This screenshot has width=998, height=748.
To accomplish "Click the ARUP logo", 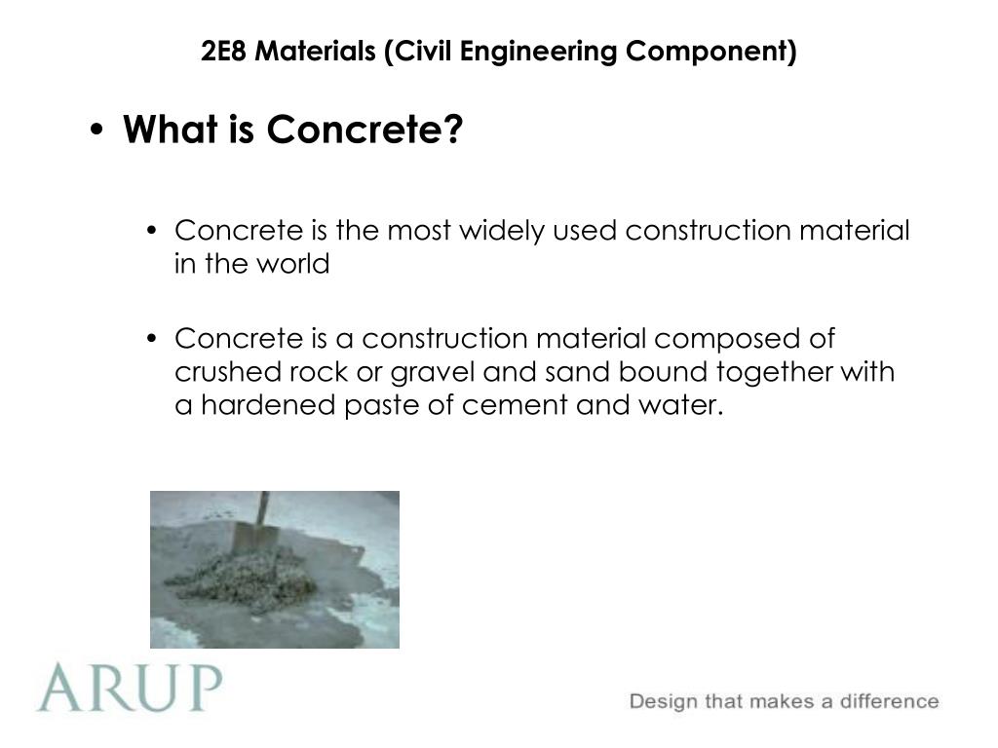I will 130,687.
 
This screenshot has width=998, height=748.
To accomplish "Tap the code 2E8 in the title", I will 223,51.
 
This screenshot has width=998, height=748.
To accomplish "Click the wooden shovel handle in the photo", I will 262,511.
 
